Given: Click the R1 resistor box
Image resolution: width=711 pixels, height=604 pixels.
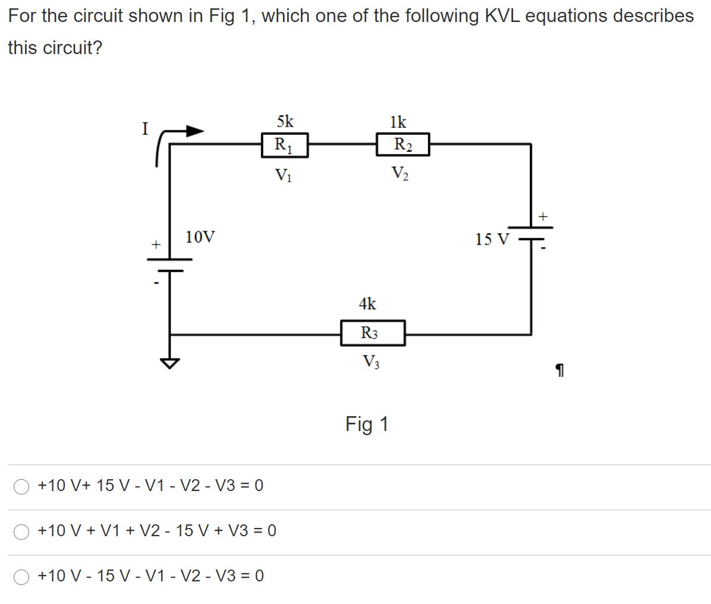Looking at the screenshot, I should [285, 145].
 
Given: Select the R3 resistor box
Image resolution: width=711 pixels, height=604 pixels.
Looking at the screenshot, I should [373, 333].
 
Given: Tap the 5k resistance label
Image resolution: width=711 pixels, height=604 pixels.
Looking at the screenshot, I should [285, 122].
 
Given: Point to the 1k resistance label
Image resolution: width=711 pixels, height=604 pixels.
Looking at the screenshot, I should [398, 122].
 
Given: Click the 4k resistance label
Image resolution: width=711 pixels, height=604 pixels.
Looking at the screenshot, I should [367, 304].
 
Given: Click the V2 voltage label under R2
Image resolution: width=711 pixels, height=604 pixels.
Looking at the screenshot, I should [399, 173].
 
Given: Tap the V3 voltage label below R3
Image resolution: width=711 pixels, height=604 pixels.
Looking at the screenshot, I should [372, 361].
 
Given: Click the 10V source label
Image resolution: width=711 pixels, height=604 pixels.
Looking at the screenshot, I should [200, 238].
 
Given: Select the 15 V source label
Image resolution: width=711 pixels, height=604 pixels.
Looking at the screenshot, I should [492, 240].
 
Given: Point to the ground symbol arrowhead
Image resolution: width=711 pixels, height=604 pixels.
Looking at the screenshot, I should [170, 363].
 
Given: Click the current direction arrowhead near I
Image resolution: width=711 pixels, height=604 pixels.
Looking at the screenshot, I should [195, 131].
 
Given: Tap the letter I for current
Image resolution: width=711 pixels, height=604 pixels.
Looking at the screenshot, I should [144, 128].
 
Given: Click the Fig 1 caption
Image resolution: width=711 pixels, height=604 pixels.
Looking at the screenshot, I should [367, 424].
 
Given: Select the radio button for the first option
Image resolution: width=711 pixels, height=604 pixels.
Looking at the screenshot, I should [22, 486].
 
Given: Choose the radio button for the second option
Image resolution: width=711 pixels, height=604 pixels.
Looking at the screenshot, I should [22, 531].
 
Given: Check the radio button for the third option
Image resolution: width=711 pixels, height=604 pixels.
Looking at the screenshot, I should [22, 576].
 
